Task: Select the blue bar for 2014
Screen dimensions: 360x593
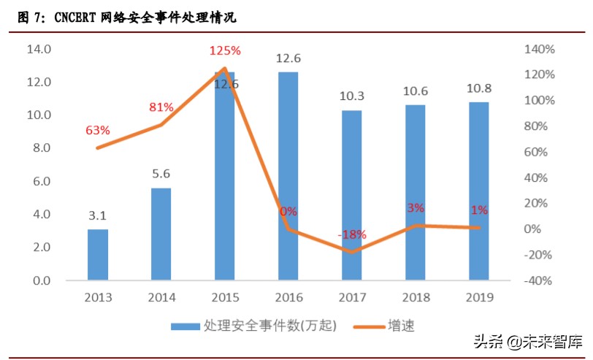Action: pos(161,234)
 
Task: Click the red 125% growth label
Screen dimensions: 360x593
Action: pos(224,50)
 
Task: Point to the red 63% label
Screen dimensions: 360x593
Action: pos(97,131)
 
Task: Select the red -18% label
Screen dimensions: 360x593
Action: pos(352,234)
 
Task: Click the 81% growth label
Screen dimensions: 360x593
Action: pos(161,107)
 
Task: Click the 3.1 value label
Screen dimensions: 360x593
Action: pos(97,215)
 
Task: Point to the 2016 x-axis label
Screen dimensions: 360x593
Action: pos(288,297)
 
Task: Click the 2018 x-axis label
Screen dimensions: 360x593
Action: pos(415,297)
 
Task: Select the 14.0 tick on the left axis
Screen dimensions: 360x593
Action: pos(38,50)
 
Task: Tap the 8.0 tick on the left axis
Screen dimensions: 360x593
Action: pos(40,148)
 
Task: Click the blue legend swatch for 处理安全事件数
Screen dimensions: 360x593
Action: pos(185,326)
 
